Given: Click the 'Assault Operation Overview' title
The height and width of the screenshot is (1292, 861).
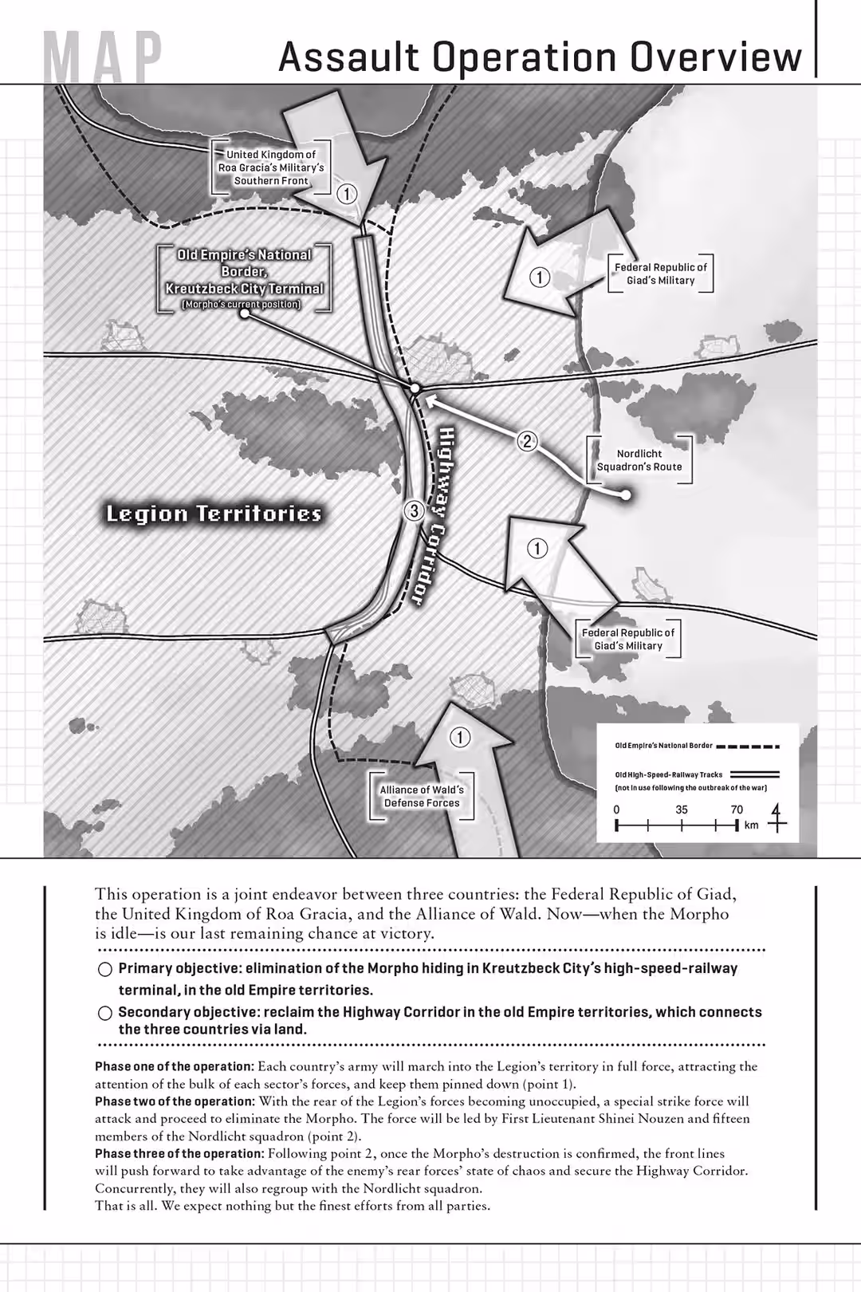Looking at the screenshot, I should coord(541,57).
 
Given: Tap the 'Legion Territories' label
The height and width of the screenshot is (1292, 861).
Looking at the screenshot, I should coord(214,514).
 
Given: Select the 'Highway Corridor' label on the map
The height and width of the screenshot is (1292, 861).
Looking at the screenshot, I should coord(431,515).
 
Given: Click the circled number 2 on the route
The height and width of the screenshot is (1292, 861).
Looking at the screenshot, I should coord(526,441).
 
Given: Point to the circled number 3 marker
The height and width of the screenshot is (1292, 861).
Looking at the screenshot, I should coord(413,511).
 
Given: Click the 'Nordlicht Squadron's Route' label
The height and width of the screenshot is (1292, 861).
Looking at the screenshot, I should coord(639,460).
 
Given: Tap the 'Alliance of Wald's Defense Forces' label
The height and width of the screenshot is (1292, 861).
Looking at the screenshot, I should coord(422,796).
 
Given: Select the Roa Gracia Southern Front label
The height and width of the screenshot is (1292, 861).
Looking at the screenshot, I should coord(271,167).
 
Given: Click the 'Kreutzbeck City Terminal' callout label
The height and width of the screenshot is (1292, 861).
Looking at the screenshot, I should coord(244,279).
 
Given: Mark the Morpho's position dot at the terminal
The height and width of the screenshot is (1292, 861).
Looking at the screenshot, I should coord(415,388).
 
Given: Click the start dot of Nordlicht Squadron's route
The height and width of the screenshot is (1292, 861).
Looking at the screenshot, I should coord(626,495).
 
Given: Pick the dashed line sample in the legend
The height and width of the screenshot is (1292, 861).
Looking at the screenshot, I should coord(747,747).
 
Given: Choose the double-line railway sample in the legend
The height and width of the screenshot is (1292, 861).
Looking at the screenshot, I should coord(754,774).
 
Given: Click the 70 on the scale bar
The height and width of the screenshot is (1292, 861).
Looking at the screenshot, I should coord(737,809).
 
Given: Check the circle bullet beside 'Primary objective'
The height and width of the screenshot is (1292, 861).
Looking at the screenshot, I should coord(104,970).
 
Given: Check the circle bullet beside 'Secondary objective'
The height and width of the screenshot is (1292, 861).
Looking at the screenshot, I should coord(104,1013).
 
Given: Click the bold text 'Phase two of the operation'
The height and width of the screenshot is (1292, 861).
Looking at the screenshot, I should coord(175,1101).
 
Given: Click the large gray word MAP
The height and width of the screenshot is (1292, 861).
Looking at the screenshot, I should coord(104,60).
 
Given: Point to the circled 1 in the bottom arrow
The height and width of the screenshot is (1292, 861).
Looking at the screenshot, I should coord(459,737).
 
